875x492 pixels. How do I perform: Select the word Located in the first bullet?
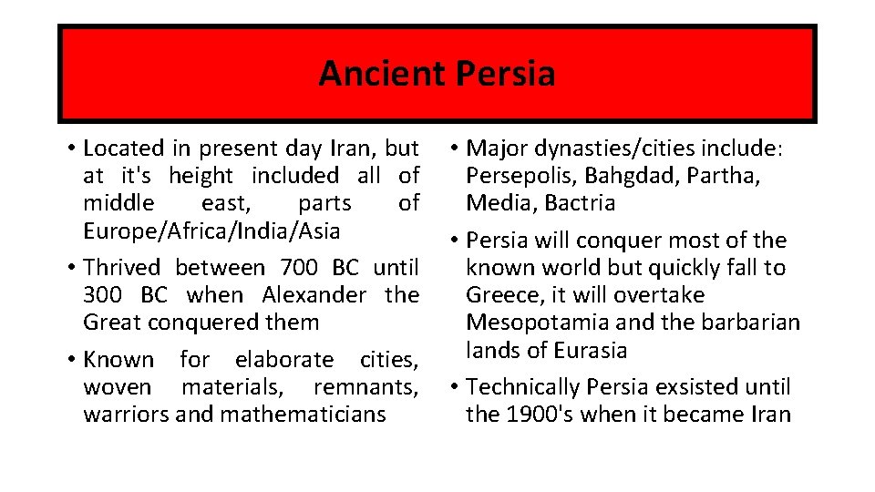pyautogui.click(x=124, y=149)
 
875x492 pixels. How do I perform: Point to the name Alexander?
pyautogui.click(x=314, y=295)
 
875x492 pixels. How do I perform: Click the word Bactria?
pyautogui.click(x=581, y=203)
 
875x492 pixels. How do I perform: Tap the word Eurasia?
pyautogui.click(x=592, y=351)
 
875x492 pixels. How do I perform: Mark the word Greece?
pyautogui.click(x=498, y=295)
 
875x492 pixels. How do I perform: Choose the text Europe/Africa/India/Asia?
pyautogui.click(x=211, y=231)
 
